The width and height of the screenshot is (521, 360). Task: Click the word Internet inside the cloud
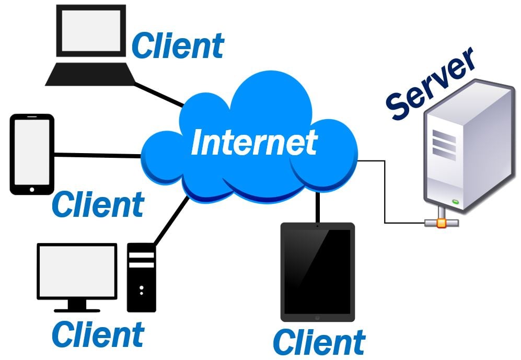254,141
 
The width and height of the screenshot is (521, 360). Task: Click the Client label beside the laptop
178,45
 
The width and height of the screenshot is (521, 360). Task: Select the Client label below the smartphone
98,204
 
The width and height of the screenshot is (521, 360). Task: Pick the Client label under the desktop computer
98,334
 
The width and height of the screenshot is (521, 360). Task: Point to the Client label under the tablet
319,342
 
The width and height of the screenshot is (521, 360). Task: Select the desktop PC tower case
142,277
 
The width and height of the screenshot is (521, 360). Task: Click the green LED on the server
455,201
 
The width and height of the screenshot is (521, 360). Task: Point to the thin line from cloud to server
385,193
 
